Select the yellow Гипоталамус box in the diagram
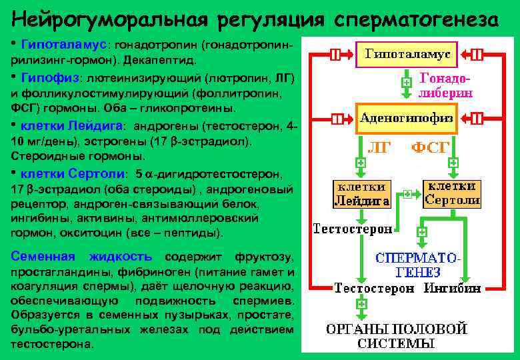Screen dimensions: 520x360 (406, 53)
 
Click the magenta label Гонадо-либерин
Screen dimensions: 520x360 (445, 85)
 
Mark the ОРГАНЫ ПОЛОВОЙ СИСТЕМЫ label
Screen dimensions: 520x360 (396, 337)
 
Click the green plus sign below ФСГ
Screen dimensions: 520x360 (453, 162)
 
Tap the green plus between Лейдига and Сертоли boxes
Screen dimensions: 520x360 (407, 195)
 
